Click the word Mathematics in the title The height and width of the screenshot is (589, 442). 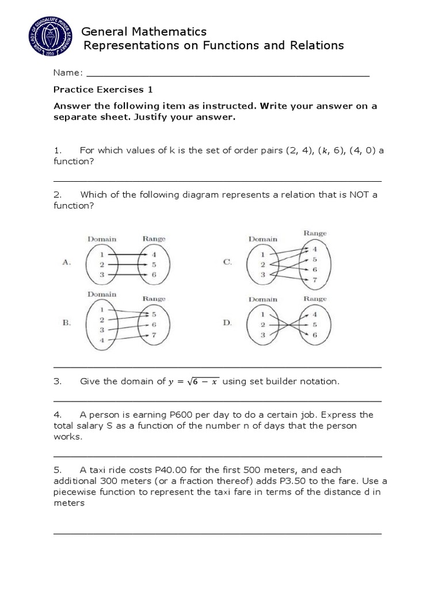171,31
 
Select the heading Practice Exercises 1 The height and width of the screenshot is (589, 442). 102,90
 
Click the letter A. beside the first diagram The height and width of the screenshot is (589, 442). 66,262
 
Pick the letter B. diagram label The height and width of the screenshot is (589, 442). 66,323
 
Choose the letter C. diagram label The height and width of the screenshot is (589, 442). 227,262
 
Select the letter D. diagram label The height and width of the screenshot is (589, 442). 227,323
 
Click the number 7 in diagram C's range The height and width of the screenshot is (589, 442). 314,280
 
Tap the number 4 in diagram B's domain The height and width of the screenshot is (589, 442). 101,340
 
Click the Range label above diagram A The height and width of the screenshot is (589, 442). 154,239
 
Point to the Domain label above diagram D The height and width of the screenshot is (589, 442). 263,299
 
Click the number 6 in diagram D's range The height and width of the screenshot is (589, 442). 314,335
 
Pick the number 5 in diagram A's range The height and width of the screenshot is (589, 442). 154,265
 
